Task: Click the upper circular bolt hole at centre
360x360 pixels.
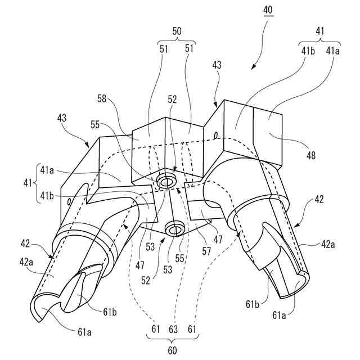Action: click(166, 182)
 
